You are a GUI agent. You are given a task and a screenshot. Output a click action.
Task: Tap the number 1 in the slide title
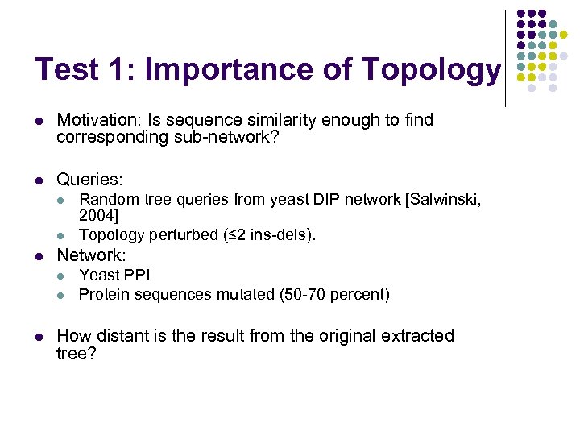[x=118, y=69]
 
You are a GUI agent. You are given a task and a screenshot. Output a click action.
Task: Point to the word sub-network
[x=230, y=137]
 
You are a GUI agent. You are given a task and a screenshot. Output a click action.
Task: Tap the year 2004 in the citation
[x=96, y=216]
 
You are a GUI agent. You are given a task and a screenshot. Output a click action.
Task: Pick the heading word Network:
[x=91, y=255]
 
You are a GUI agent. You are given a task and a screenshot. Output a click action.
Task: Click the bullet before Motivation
[x=38, y=121]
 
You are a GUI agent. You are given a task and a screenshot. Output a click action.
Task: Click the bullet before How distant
[x=38, y=337]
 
